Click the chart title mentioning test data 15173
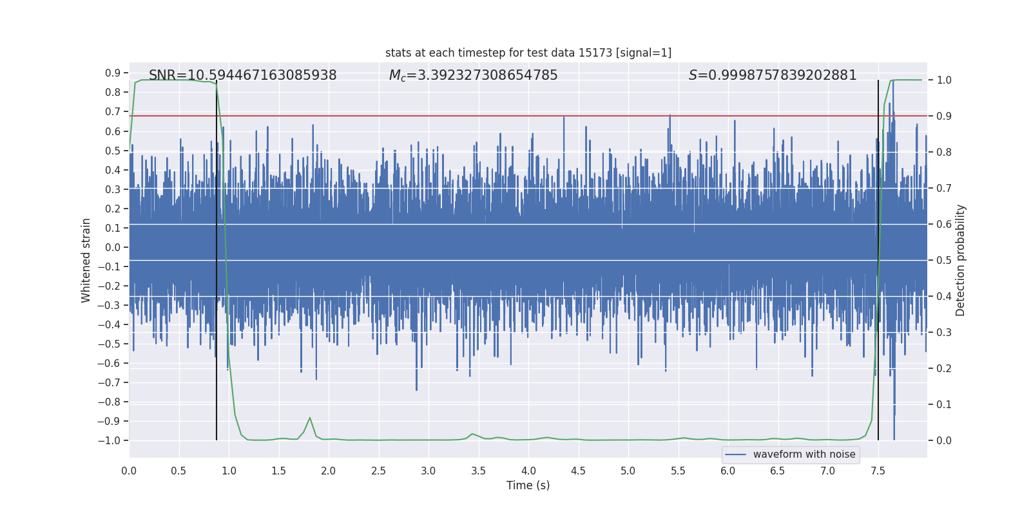[528, 53]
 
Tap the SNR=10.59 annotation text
[242, 75]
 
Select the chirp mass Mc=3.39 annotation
[473, 75]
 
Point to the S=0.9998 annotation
[772, 75]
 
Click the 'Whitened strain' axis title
[86, 260]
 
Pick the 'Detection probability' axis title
[960, 260]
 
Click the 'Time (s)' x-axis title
[528, 485]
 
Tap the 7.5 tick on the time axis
[878, 471]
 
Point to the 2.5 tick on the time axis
[378, 471]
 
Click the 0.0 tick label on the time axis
[129, 471]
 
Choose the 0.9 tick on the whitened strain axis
[113, 73]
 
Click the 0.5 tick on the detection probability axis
[944, 260]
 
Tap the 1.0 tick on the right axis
[944, 80]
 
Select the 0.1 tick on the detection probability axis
[944, 404]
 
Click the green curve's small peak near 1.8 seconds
[310, 418]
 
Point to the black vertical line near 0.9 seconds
[217, 257]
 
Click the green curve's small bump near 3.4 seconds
[472, 434]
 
